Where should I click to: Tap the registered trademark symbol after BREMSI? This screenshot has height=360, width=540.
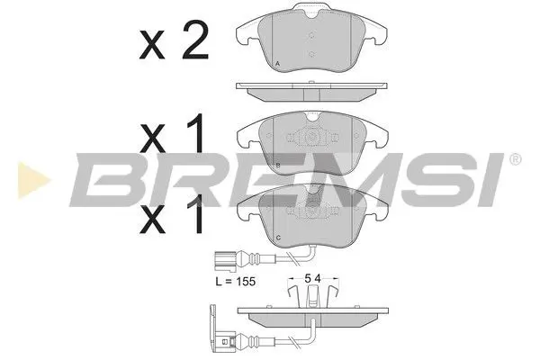tap(514, 159)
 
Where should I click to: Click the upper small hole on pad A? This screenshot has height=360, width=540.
tap(310, 37)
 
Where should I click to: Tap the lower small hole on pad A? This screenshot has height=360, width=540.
tap(310, 54)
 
